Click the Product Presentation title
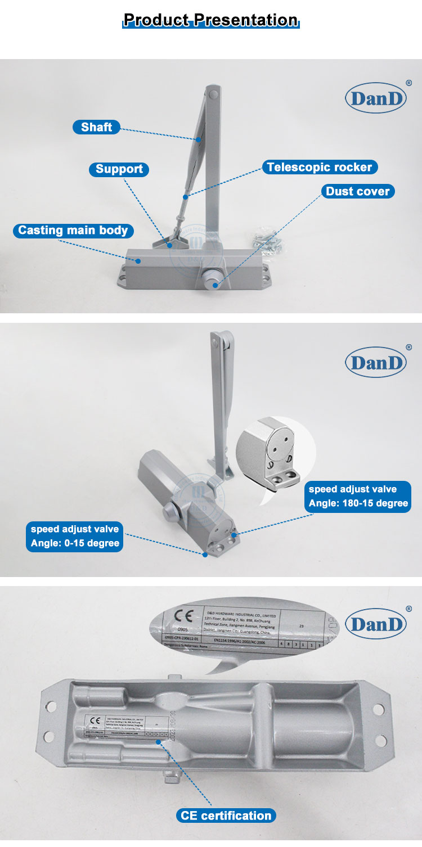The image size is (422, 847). pos(210,21)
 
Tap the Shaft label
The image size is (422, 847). pos(96,127)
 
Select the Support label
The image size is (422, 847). pos(119,169)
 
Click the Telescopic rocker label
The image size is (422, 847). pos(319,167)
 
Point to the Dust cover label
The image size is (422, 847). pos(357,191)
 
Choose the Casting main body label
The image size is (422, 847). pos(73,230)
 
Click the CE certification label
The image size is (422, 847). pos(226,816)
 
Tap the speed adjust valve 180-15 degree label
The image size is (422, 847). pos(358,496)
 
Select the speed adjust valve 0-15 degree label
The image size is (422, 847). pos(74,536)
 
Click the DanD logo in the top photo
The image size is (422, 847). pos(375,98)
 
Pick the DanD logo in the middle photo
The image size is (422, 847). pos(375,362)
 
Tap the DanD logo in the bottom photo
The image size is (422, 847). pos(375,624)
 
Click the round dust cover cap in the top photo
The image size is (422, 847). pos(212,277)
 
